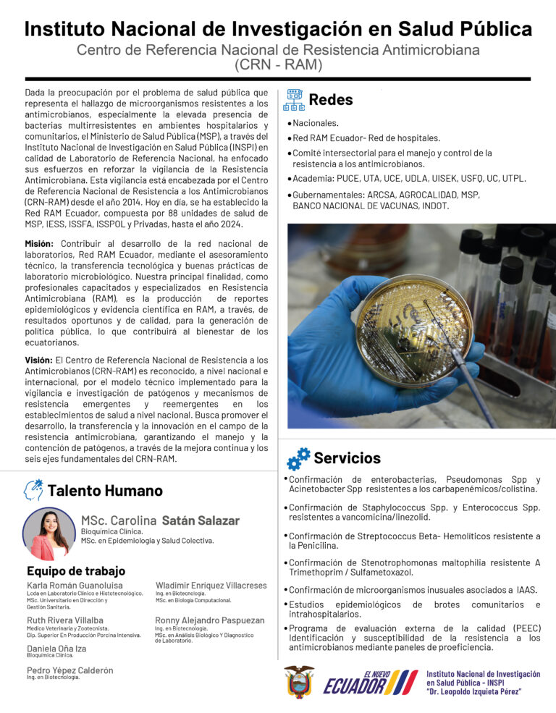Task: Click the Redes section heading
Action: point(331,100)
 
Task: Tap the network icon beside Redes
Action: point(294,100)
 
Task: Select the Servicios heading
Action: point(347,458)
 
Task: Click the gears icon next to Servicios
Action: point(298,459)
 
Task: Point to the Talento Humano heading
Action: point(105,491)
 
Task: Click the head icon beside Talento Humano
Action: point(33,490)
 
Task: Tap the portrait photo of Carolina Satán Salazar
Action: point(49,534)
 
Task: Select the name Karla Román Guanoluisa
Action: point(75,585)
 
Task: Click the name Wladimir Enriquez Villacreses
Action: point(211,585)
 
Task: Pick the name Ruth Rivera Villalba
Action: point(64,620)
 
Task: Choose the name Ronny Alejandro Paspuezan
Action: point(209,620)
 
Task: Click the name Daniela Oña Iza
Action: point(56,649)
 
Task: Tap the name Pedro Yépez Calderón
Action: point(70,670)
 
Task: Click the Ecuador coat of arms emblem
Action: point(298,681)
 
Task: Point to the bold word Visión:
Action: point(39,360)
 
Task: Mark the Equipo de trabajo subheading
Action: point(76,571)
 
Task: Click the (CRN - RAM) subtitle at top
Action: point(278,64)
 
